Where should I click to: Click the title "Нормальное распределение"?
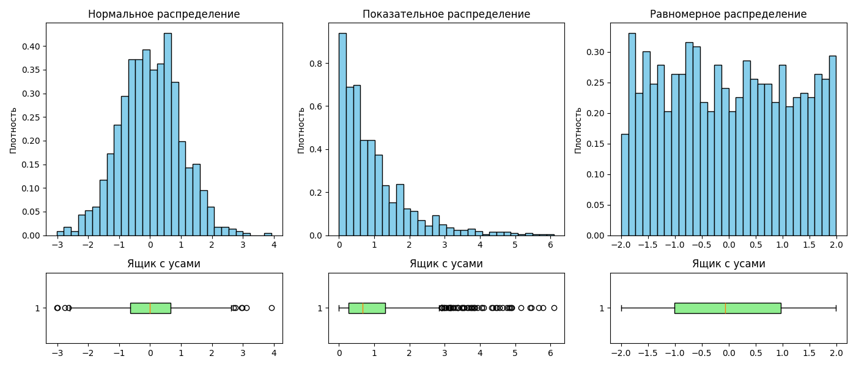point(164,14)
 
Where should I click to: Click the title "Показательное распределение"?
point(446,14)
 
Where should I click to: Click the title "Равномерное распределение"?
point(728,14)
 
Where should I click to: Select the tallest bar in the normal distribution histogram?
point(168,135)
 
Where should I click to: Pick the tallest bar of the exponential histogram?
point(342,135)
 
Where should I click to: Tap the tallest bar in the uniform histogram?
point(632,135)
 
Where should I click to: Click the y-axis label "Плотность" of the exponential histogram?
point(301,130)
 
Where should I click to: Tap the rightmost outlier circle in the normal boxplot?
point(271,308)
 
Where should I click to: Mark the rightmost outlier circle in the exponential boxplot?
point(554,308)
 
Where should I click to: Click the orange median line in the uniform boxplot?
point(725,308)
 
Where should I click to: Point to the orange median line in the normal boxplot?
point(150,308)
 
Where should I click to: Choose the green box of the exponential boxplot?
point(367,308)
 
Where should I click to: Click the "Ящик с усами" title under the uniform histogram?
point(728,264)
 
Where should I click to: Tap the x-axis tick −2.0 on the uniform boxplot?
point(621,353)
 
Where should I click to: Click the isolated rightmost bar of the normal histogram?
point(268,234)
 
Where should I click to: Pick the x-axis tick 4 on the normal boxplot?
point(274,353)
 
